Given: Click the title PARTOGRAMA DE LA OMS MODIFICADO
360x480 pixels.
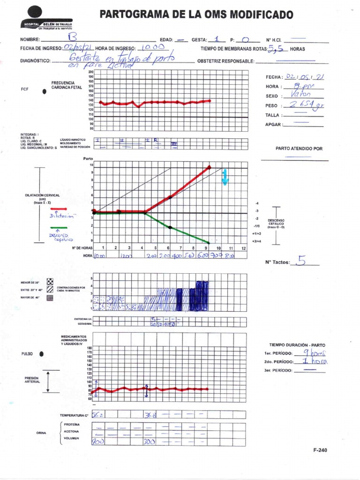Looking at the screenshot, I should click(x=196, y=15).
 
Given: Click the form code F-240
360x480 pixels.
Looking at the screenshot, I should click(x=320, y=450).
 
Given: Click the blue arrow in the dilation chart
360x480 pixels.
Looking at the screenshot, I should click(x=225, y=177).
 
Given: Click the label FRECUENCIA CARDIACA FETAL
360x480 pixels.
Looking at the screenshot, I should click(x=67, y=85).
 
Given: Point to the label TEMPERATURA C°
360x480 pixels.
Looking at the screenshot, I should click(x=74, y=415).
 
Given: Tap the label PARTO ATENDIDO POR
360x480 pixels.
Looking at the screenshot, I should click(x=299, y=149).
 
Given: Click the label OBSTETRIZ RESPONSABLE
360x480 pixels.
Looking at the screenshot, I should click(x=225, y=61).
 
